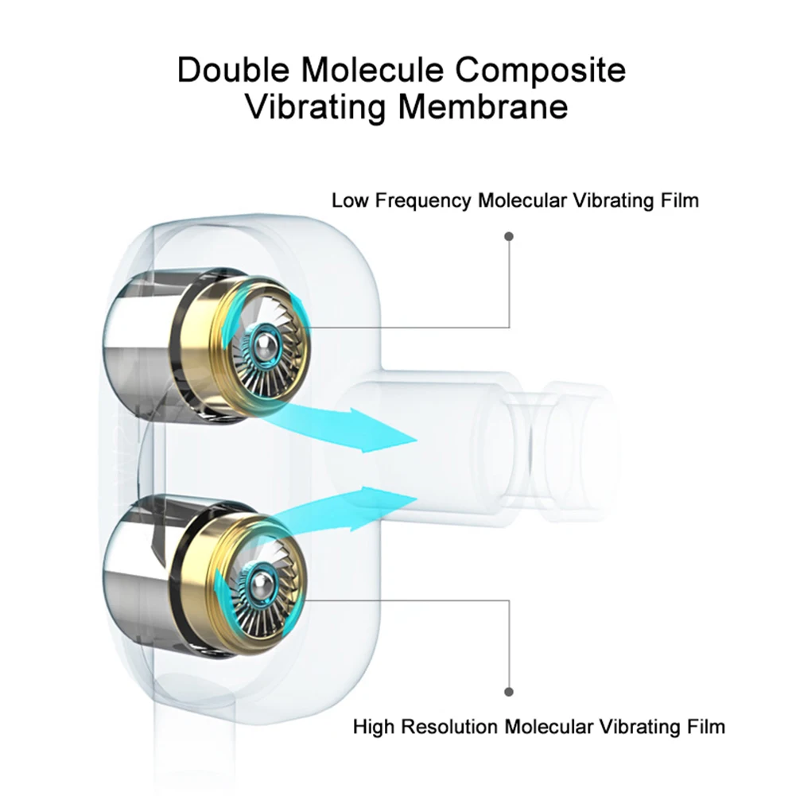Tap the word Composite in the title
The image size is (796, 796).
(x=540, y=71)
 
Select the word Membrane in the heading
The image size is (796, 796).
(x=483, y=107)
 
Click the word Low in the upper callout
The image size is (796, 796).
(x=350, y=200)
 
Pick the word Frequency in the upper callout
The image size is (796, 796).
(x=423, y=201)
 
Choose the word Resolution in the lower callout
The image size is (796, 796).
(x=449, y=727)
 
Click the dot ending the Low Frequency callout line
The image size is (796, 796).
(x=509, y=236)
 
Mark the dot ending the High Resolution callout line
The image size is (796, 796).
(x=509, y=692)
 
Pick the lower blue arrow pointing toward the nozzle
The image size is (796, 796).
(x=340, y=514)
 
